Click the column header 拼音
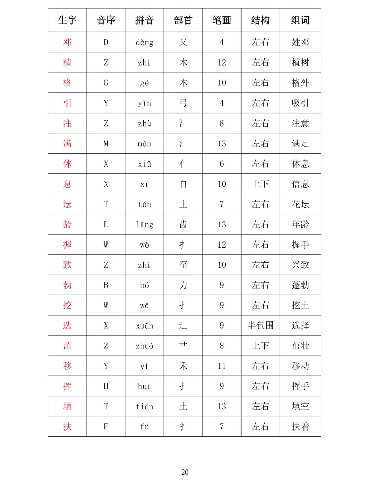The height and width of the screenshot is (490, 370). coord(144,20)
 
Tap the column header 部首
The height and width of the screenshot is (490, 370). coord(183,20)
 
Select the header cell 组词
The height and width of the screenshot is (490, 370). coord(300,20)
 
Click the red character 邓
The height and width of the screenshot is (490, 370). coord(67,42)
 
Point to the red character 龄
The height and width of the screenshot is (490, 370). coord(67,224)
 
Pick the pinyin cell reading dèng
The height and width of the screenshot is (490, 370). coord(144,42)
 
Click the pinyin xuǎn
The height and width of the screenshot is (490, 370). coord(144,326)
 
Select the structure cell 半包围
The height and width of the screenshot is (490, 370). coord(260,325)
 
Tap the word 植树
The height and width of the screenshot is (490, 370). coord(300,62)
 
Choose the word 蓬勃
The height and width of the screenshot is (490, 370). coord(300,285)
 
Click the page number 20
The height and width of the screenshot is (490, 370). coord(185,472)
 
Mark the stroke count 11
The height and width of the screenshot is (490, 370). coord(222,366)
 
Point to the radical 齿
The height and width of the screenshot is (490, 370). coord(183,224)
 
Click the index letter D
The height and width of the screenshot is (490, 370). coord(106,42)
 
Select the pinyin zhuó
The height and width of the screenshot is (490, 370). coord(144,346)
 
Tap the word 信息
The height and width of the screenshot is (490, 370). coord(300,184)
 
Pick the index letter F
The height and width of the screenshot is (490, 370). coord(106,426)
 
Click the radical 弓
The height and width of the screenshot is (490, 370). coord(183,103)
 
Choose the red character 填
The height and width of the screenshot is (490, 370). coord(67,406)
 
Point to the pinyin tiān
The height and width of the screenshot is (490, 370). coord(144,407)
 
